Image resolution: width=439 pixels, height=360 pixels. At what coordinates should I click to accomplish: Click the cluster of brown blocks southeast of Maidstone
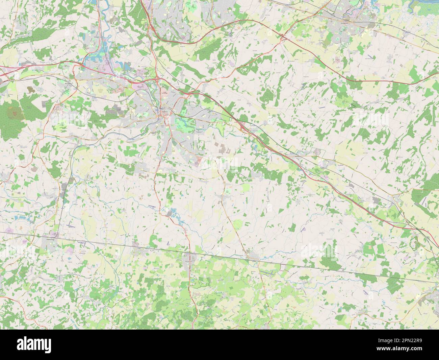[x=223, y=149]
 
